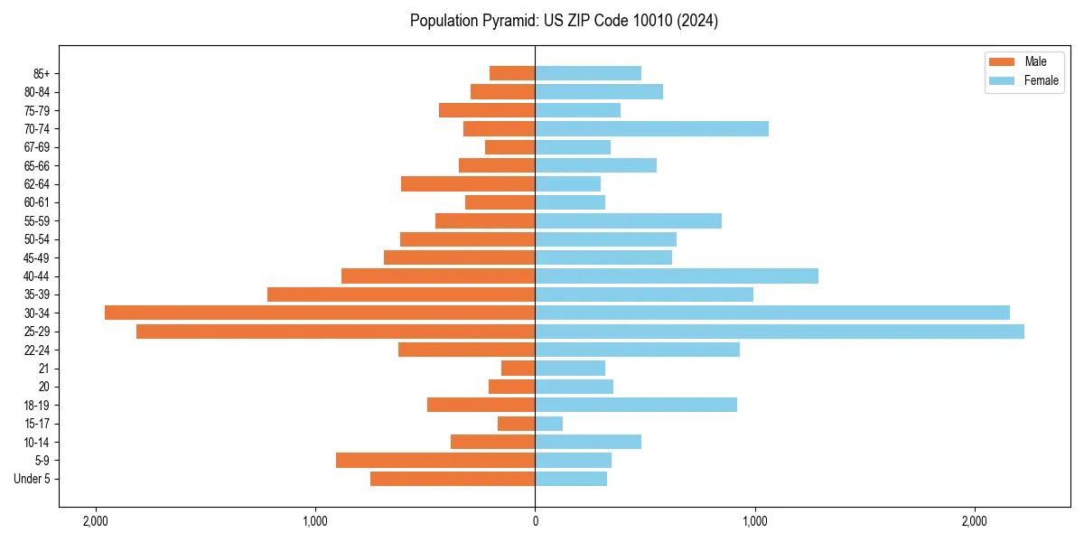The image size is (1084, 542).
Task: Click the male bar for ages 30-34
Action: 320,313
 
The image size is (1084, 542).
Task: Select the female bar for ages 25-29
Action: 780,332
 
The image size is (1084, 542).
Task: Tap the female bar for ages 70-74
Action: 651,129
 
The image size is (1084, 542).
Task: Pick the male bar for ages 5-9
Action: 435,461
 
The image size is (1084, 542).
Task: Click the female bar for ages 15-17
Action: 549,424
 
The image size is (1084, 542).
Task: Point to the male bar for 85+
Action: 512,73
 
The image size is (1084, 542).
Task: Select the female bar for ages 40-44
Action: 677,276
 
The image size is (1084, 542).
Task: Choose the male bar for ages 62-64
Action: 468,184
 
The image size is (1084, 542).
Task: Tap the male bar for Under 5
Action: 453,479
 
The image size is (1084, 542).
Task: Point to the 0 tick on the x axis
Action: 535,521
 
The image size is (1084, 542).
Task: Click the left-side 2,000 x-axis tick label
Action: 95,521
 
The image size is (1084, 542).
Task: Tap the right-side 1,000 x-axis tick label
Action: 754,521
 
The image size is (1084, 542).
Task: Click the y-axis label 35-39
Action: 37,294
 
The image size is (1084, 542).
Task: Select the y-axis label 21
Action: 44,369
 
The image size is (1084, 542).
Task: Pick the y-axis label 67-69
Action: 37,147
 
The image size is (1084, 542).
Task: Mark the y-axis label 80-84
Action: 37,92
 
